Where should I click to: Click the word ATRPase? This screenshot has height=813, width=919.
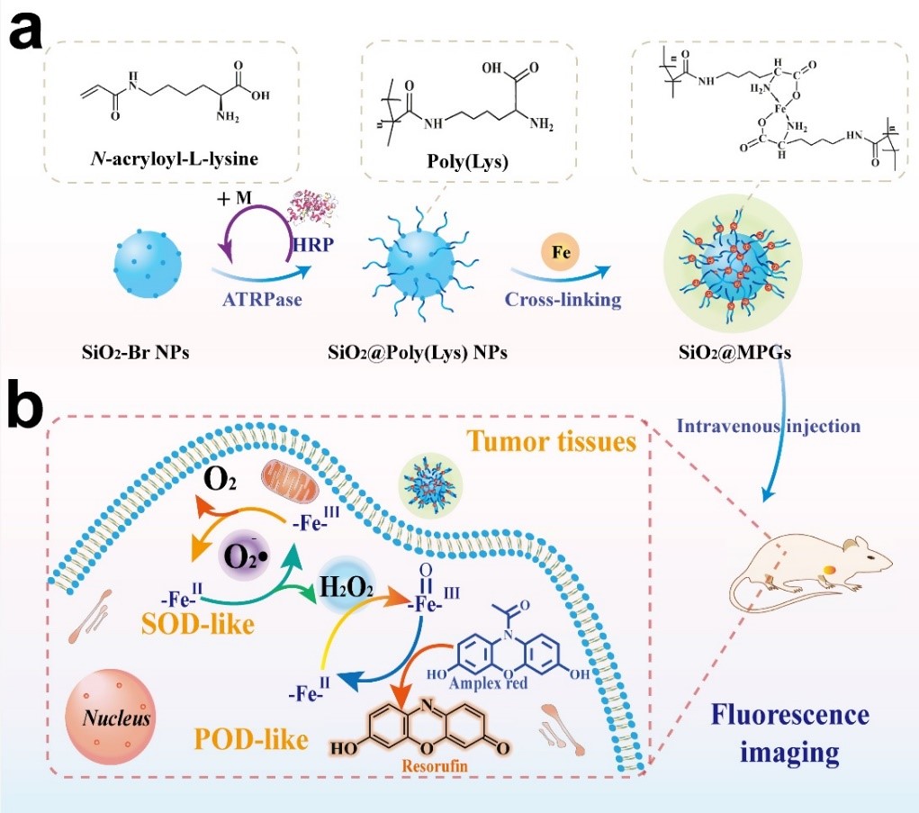point(261,300)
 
